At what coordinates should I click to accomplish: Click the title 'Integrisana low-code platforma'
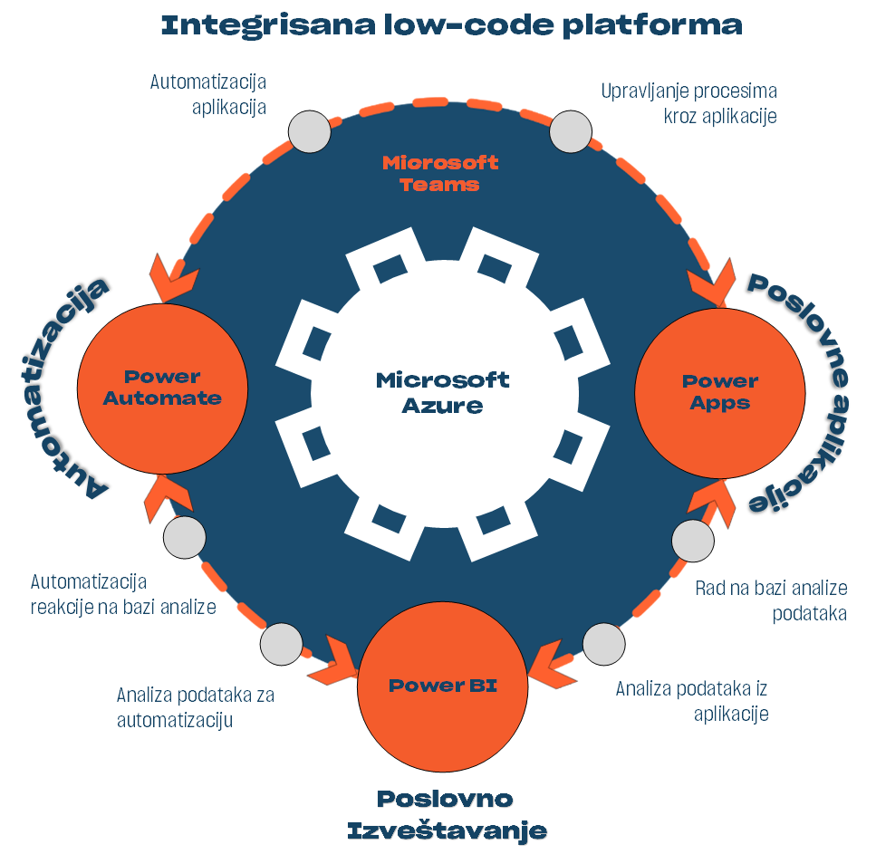point(451,24)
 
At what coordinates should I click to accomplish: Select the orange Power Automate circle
point(163,388)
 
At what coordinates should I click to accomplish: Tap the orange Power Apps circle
point(720,392)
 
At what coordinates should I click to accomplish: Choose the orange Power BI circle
point(443,685)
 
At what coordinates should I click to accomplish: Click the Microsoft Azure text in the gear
point(442,392)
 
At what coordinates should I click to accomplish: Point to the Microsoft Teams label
point(440,173)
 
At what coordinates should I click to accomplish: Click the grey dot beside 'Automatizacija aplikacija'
point(310,132)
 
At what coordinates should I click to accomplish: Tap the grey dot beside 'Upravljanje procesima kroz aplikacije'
point(572,132)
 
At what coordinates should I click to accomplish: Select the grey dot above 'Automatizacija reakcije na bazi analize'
point(185,537)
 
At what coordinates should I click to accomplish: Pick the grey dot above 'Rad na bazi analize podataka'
point(694,541)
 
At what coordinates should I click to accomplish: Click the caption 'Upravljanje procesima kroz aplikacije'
point(688,103)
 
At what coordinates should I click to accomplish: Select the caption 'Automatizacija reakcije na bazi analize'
point(123,594)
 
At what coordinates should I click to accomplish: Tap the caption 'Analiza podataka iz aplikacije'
point(691,700)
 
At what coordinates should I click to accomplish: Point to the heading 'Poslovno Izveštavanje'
point(447,814)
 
